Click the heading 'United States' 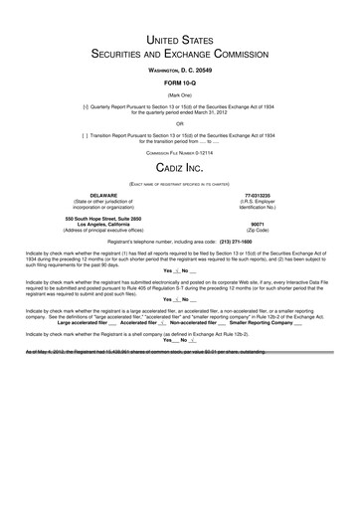click(x=180, y=39)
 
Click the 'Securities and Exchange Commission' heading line click(x=180, y=55)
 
